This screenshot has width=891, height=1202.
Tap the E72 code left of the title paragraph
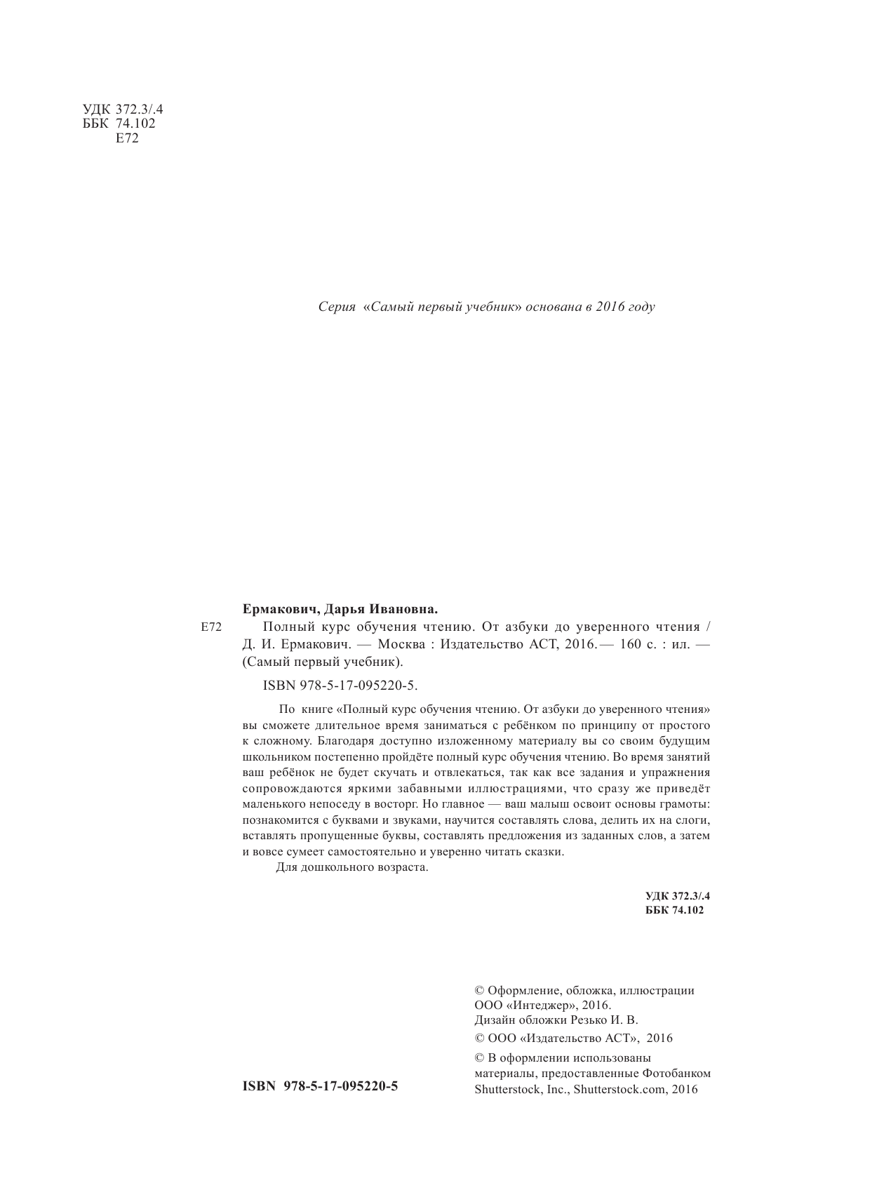(x=211, y=627)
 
